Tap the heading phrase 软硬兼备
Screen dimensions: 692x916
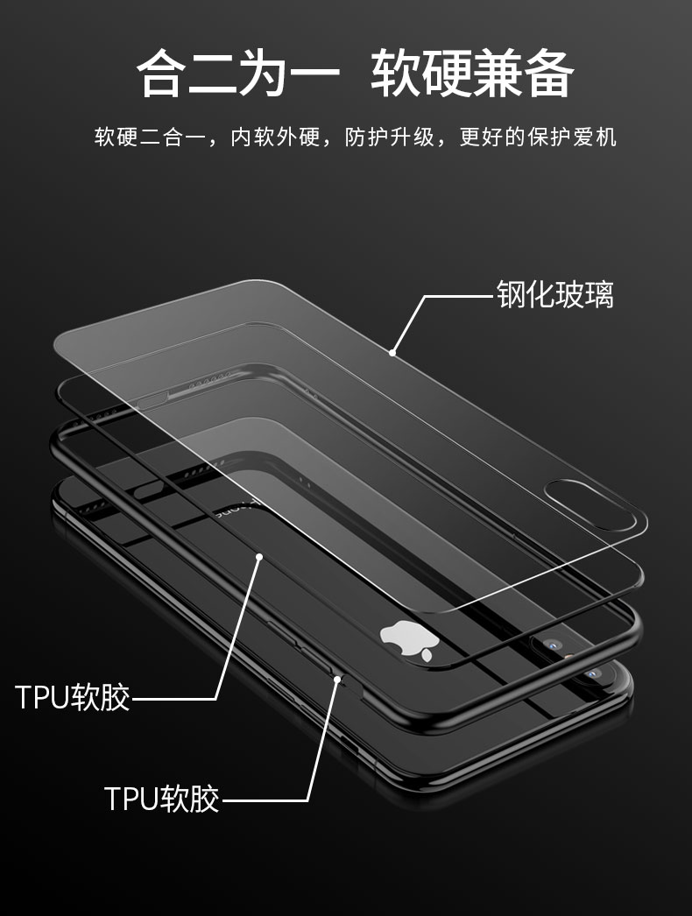[x=473, y=74]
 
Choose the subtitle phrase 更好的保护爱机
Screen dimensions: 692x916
[x=538, y=137]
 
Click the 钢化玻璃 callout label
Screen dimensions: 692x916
[x=555, y=295]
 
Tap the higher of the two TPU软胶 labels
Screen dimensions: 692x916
[x=73, y=698]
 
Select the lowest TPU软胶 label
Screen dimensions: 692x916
[x=162, y=798]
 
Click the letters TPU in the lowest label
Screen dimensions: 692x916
[x=131, y=798]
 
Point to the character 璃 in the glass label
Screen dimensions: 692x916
[x=600, y=295]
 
